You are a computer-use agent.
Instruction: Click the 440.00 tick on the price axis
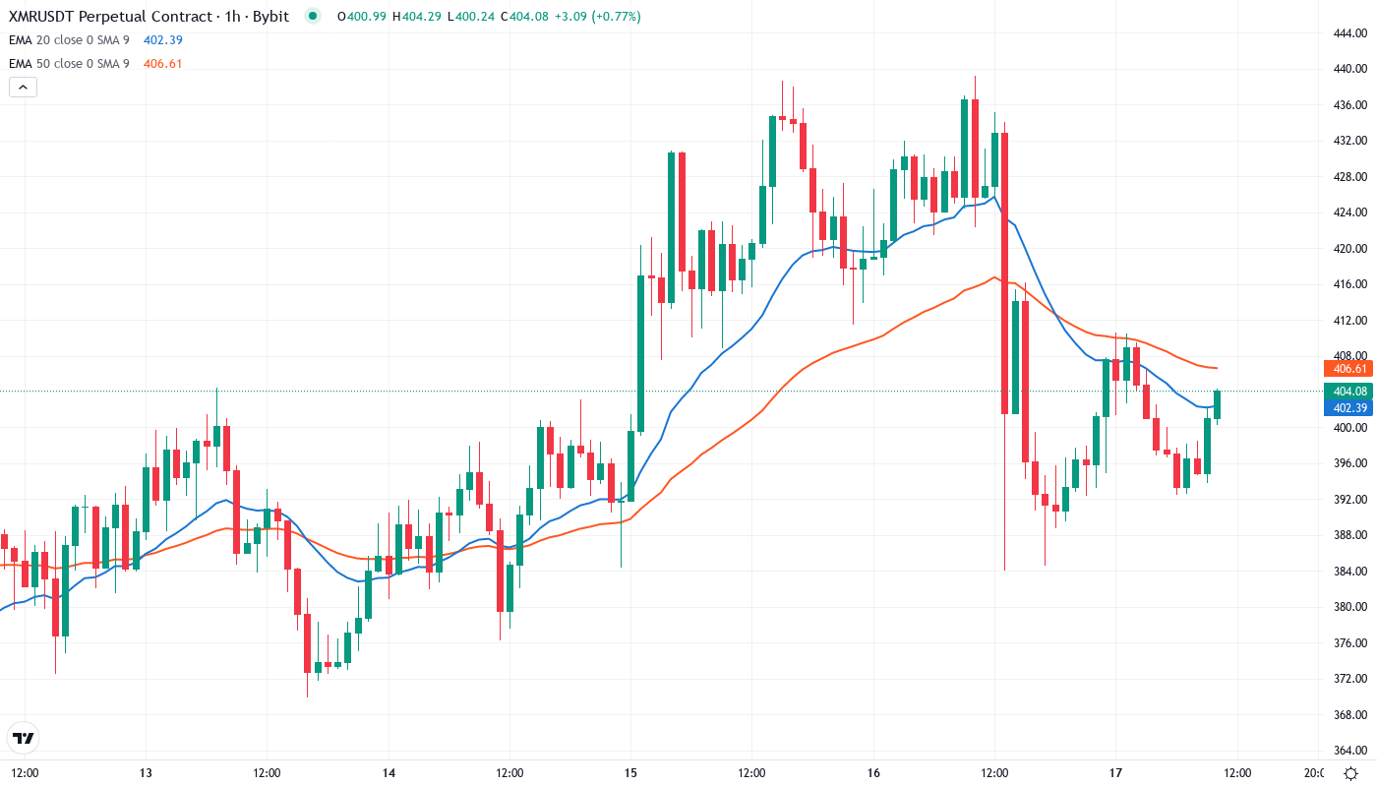point(1348,69)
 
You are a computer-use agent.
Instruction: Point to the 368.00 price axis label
point(1348,714)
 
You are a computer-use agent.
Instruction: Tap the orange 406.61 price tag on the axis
point(1350,369)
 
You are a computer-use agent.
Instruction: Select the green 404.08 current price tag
point(1350,392)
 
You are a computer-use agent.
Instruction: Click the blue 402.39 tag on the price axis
point(1350,407)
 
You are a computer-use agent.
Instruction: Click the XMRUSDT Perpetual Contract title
point(110,16)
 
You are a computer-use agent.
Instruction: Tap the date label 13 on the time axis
point(146,772)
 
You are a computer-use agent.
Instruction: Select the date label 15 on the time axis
point(630,772)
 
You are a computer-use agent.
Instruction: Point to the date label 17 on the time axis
point(1115,772)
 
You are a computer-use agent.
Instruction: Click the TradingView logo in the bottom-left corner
point(24,738)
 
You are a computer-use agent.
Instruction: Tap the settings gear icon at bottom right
point(1352,773)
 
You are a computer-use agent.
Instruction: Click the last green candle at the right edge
point(1217,404)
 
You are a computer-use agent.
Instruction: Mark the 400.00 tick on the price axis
point(1348,428)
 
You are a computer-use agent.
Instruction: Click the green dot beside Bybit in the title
point(313,16)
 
